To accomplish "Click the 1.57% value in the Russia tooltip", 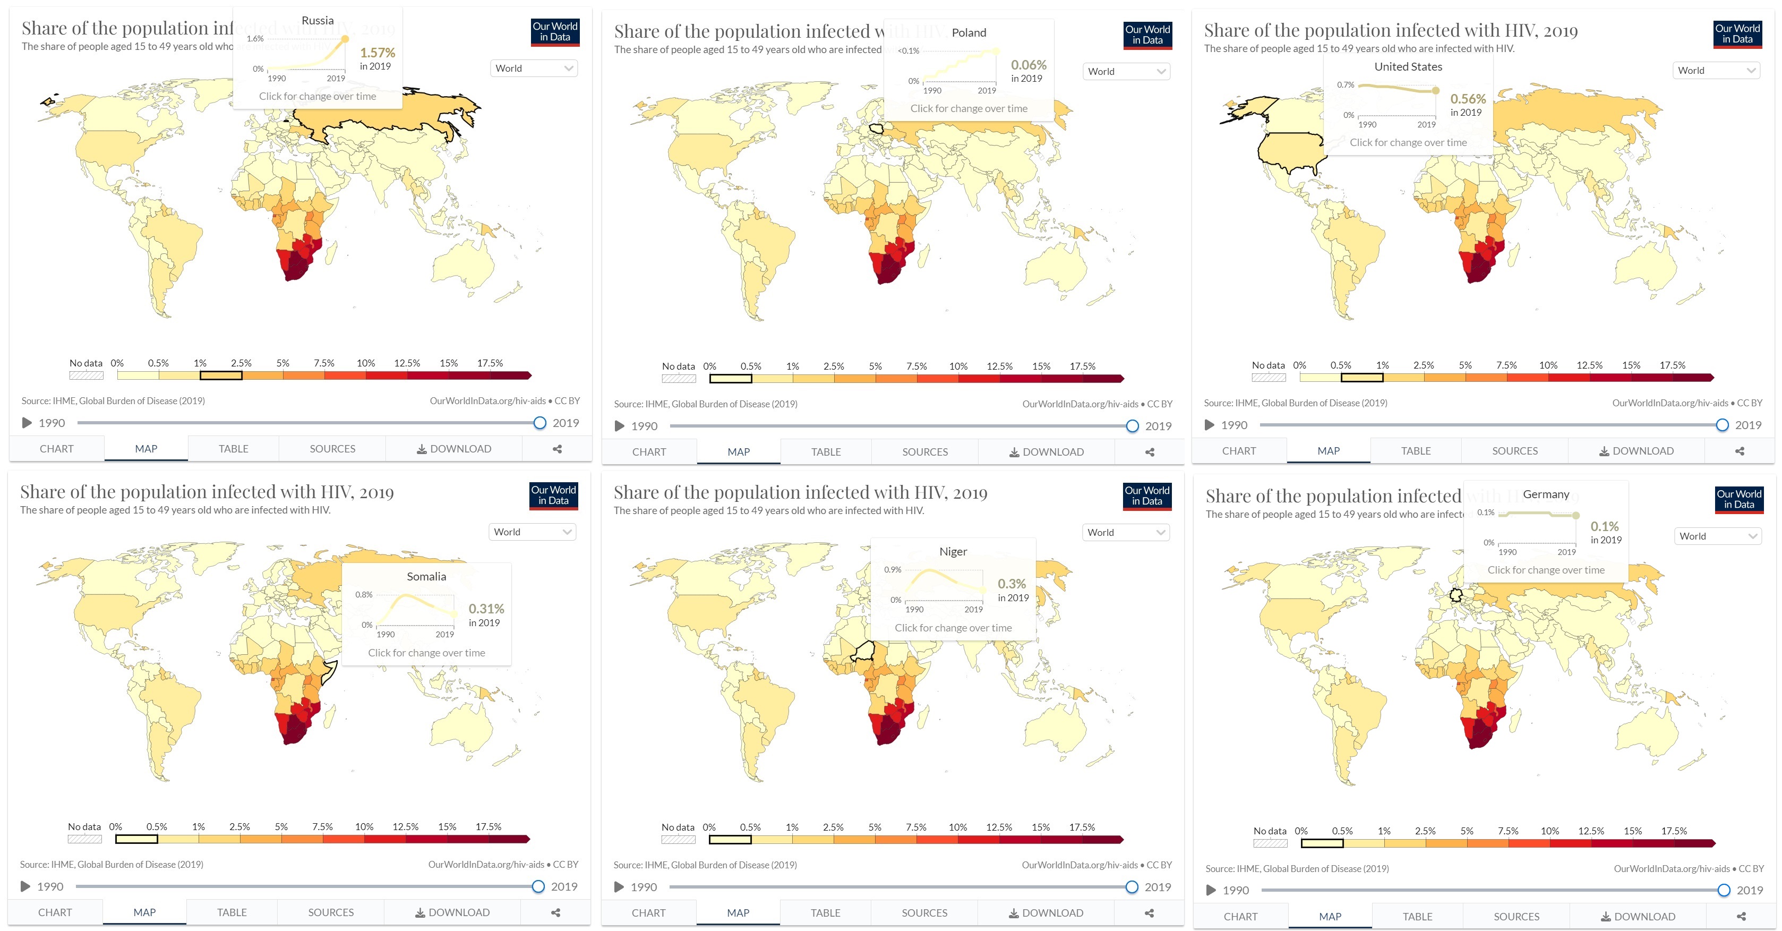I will point(377,53).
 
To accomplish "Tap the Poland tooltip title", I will point(969,32).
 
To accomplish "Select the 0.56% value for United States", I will point(1467,99).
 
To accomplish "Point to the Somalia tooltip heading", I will point(426,576).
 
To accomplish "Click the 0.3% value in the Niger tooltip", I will point(1012,584).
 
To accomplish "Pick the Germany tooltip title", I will point(1545,494).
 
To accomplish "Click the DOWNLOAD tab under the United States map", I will point(1636,451).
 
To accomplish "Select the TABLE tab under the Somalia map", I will point(232,912).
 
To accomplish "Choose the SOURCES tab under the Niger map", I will point(924,913).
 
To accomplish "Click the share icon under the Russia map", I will point(557,449).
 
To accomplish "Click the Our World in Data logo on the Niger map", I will point(1146,496).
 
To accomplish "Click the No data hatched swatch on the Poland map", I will point(679,378).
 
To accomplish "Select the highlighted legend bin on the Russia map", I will point(221,375).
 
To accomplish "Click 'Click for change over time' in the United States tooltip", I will point(1408,142).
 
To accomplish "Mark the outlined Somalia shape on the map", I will point(329,672).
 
